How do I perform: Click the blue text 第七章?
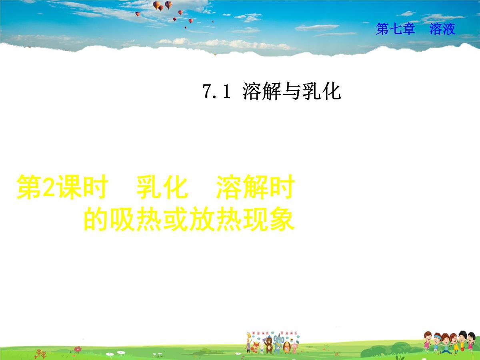point(395,29)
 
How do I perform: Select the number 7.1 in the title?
point(216,92)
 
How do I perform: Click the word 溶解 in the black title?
point(262,92)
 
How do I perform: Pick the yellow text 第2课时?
point(62,188)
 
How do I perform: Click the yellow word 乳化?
point(162,188)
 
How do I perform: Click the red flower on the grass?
point(78,349)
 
